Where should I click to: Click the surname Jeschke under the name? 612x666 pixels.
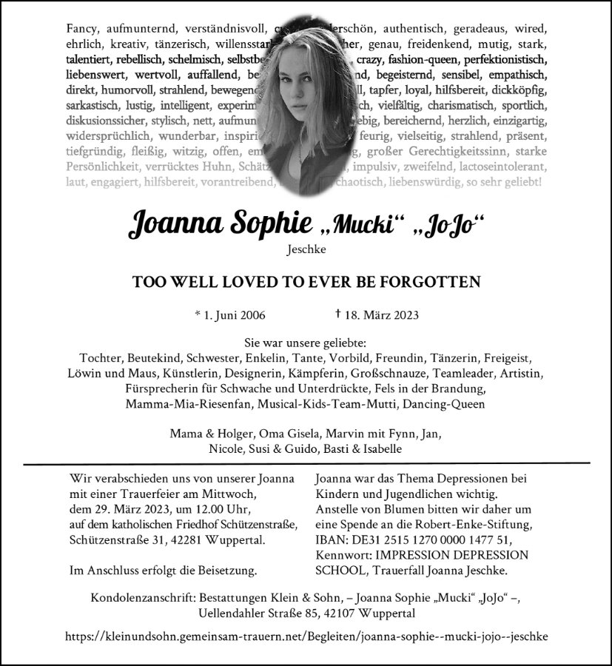[x=306, y=251]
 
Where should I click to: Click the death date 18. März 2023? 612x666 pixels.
[x=381, y=314]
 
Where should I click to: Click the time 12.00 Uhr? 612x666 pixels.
[x=222, y=509]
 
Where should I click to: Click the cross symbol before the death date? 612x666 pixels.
[x=337, y=314]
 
